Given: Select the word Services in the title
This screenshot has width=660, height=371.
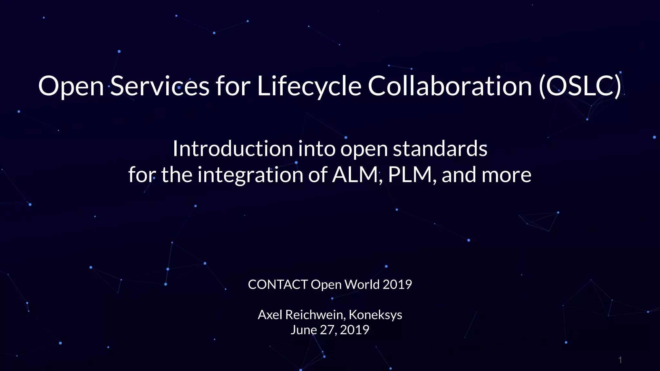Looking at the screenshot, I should click(160, 86).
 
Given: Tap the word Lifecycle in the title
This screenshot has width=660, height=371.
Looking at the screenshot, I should click(309, 86).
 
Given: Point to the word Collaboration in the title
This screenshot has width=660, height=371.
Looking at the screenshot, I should click(450, 86).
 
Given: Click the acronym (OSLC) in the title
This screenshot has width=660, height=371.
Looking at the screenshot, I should click(580, 86).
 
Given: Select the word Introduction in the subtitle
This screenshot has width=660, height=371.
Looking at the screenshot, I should click(232, 149).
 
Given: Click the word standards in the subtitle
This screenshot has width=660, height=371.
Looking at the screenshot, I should click(440, 149).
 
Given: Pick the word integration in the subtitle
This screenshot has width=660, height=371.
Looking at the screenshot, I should click(250, 175).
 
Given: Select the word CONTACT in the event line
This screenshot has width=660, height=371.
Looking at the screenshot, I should click(278, 285).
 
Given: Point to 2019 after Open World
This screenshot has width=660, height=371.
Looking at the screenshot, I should click(397, 285).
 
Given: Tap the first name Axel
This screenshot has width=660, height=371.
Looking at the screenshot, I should click(270, 315).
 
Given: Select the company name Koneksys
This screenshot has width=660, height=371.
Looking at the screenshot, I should click(375, 315).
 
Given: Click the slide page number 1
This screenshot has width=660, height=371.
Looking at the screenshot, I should click(620, 360).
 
